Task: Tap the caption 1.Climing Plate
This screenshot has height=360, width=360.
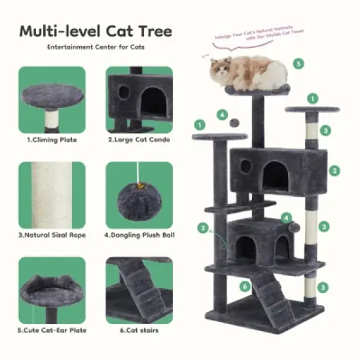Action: [52, 139]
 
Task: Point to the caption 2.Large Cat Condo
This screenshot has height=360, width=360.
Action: [139, 139]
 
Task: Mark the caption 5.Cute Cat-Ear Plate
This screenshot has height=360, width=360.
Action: [52, 330]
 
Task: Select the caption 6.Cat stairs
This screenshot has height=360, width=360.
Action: [139, 330]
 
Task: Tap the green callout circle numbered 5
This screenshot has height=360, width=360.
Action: [298, 63]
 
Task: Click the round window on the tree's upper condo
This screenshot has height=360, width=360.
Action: [245, 166]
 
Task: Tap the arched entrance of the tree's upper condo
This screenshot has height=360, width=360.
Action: [276, 173]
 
